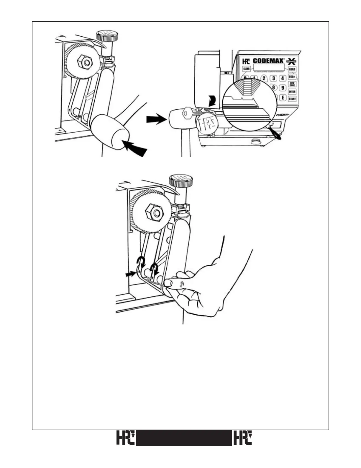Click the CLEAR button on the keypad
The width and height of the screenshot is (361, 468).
coord(246,69)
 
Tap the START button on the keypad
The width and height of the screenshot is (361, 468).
coord(292,99)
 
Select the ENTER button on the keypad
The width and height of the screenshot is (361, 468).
coord(292,92)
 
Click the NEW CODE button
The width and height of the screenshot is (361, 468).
coord(292,84)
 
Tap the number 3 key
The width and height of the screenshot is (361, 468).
coord(274,78)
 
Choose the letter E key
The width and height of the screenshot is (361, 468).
coord(283,97)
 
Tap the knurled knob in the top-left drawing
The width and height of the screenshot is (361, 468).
coord(107,36)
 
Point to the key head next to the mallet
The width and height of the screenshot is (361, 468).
coord(186,113)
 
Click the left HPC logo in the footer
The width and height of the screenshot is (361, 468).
coord(125,438)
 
